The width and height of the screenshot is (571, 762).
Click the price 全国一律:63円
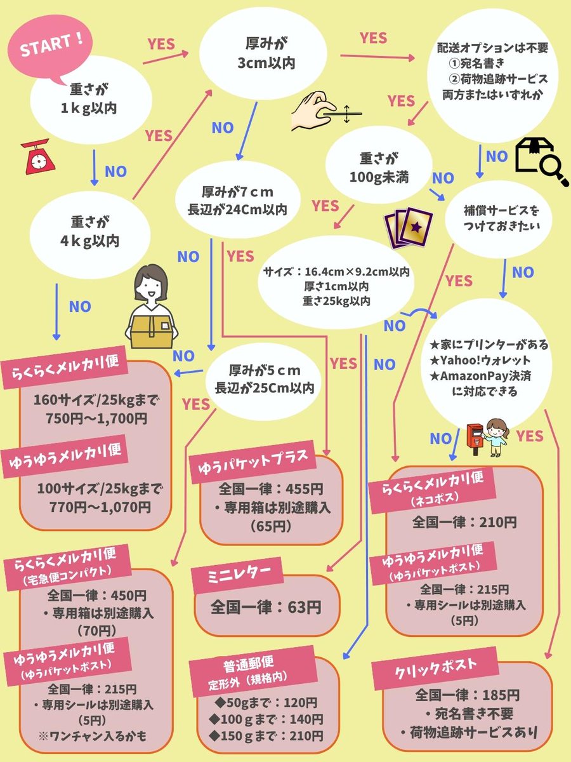[x=266, y=607]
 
